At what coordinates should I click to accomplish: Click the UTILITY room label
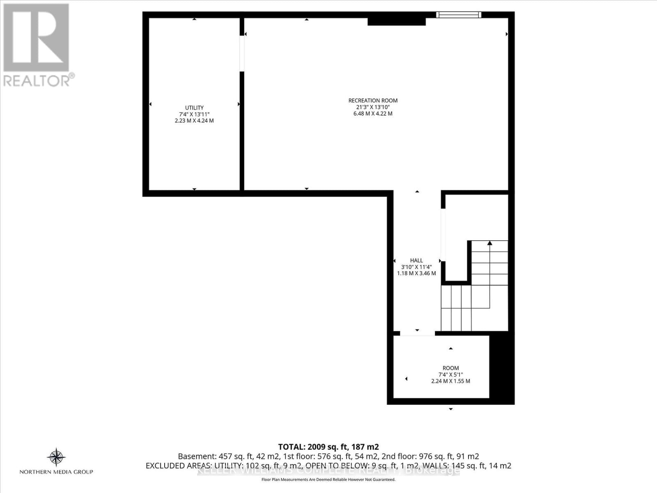194,108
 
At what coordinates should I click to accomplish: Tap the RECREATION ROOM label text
373,100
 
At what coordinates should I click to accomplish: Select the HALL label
416,260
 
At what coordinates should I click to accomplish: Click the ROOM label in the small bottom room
450,368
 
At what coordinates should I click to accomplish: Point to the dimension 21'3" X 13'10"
373,107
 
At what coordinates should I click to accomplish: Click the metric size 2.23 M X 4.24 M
194,121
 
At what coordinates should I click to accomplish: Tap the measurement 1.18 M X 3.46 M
416,273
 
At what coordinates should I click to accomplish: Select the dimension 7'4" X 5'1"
450,374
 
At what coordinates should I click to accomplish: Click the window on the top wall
458,15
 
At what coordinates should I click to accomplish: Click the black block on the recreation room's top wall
396,20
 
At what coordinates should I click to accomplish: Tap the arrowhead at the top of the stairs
489,243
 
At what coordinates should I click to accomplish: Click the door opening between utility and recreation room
242,54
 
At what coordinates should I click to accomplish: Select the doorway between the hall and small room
417,334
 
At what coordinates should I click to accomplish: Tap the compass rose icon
56,457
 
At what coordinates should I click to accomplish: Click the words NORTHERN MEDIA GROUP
56,472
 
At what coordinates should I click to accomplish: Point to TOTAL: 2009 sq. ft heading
328,447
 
